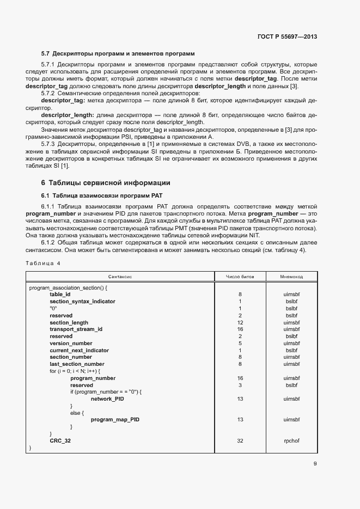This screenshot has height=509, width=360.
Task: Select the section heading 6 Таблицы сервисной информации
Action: (106, 182)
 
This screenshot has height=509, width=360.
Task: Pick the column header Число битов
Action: (240, 277)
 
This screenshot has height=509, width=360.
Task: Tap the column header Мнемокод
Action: (291, 277)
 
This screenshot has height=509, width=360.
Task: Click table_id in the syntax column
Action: (60, 294)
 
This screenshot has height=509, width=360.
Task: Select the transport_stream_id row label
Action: (76, 329)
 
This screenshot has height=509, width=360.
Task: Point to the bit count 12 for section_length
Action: (240, 322)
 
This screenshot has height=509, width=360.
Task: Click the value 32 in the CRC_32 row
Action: (240, 440)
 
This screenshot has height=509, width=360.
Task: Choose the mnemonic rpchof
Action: (291, 440)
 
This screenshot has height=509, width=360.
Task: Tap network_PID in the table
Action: (107, 398)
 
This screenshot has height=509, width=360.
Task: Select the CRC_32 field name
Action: (60, 440)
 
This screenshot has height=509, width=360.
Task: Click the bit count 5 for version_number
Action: (240, 343)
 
